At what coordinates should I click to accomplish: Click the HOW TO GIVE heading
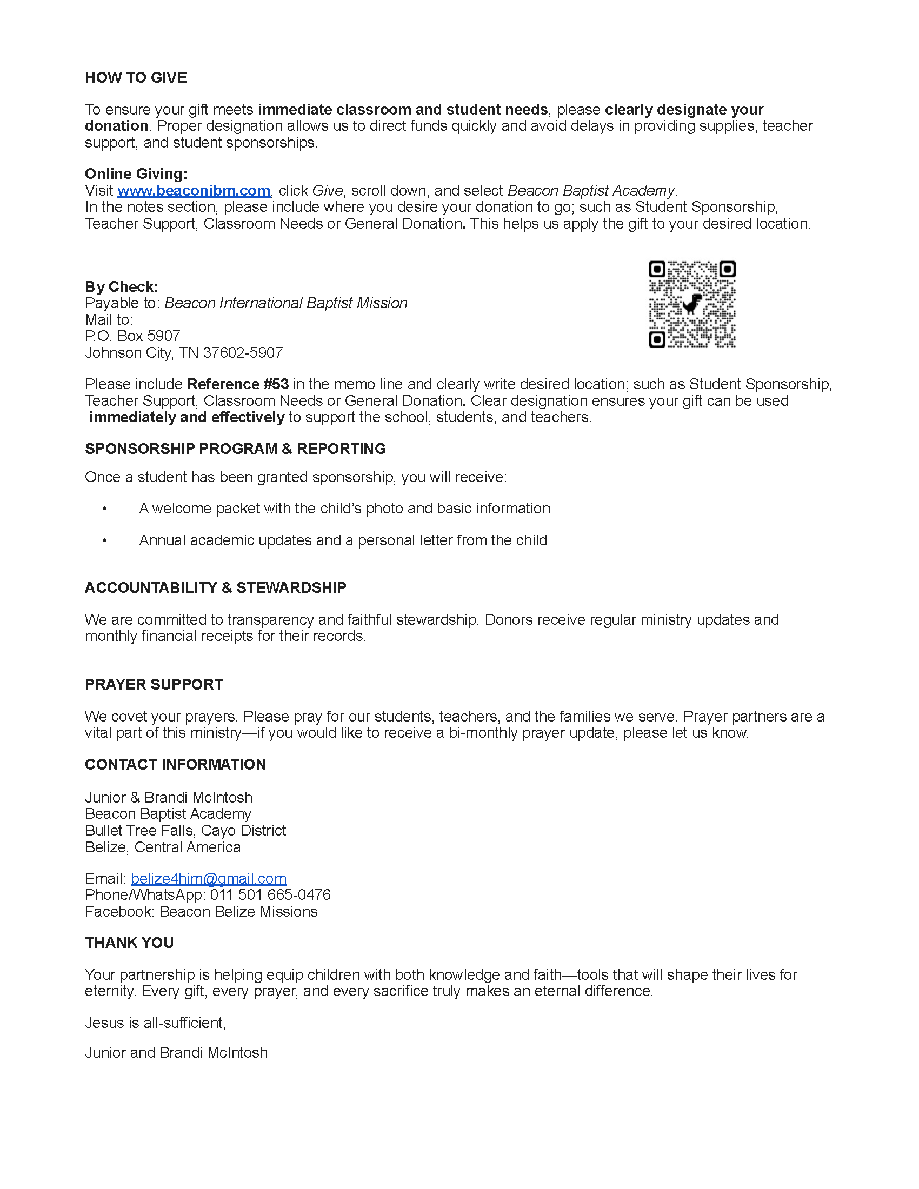pyautogui.click(x=136, y=78)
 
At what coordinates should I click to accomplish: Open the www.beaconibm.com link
pyautogui.click(x=194, y=191)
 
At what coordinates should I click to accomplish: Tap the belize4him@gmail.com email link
pyautogui.click(x=209, y=878)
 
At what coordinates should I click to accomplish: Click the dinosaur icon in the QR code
pyautogui.click(x=692, y=304)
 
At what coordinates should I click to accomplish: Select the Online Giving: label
pyautogui.click(x=136, y=173)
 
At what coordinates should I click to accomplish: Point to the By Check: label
pyautogui.click(x=122, y=287)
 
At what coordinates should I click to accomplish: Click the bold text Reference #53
pyautogui.click(x=238, y=384)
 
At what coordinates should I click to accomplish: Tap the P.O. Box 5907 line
pyautogui.click(x=132, y=336)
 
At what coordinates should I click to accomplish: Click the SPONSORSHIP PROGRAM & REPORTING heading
pyautogui.click(x=235, y=449)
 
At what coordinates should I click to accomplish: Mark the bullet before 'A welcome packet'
pyautogui.click(x=104, y=509)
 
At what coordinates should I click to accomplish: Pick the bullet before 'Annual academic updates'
pyautogui.click(x=104, y=540)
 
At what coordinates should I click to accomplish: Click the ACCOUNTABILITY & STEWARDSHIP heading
pyautogui.click(x=216, y=587)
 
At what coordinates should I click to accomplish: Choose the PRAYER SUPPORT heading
pyautogui.click(x=154, y=684)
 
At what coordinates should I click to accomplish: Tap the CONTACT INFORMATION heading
pyautogui.click(x=175, y=764)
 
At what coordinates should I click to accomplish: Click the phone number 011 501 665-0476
pyautogui.click(x=271, y=894)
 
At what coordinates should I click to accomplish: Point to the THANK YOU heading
pyautogui.click(x=129, y=943)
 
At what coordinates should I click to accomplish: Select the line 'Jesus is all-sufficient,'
pyautogui.click(x=155, y=1023)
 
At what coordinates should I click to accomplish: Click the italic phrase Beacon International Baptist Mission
pyautogui.click(x=286, y=303)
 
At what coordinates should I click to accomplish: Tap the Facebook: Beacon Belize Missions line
pyautogui.click(x=201, y=911)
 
